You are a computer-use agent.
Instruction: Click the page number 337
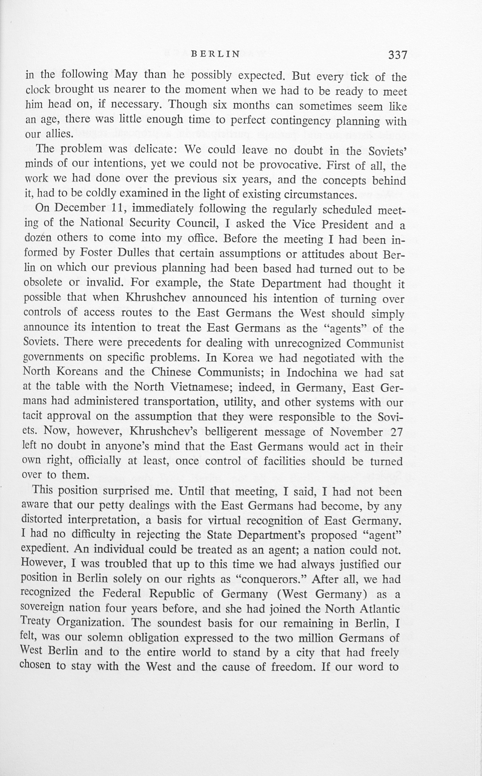[x=398, y=55]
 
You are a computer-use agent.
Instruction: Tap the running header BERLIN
[x=215, y=54]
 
